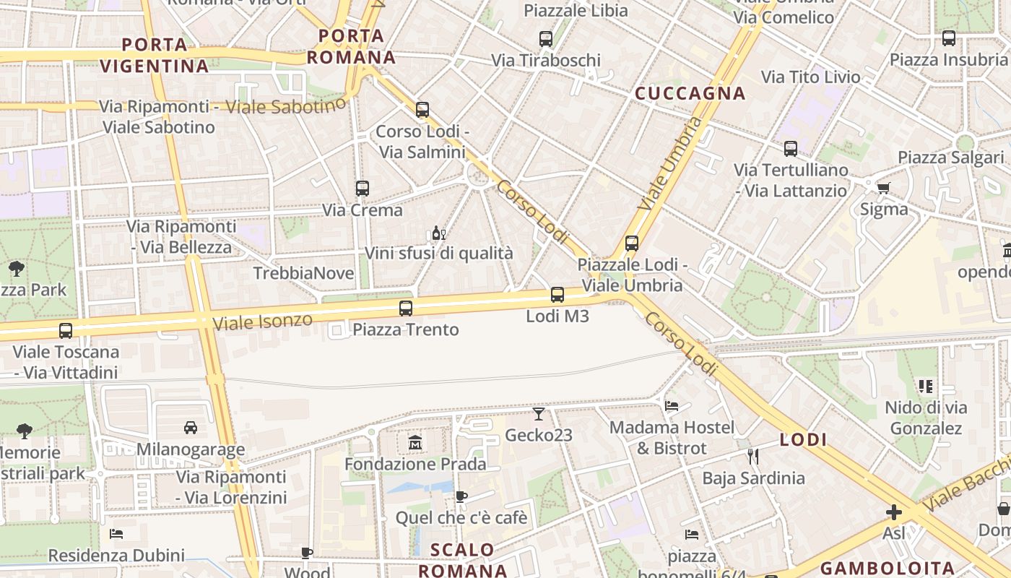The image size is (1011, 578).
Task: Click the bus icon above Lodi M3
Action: pos(557,295)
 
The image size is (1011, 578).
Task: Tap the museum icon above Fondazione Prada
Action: pos(415,442)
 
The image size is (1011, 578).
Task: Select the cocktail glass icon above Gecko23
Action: pos(539,414)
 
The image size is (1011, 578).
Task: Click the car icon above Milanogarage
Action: pos(191,428)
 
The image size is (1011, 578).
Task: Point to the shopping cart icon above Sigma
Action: pos(883,189)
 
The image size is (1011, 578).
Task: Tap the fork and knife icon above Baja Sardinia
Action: pos(753,457)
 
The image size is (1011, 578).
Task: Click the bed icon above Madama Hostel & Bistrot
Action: pos(672,406)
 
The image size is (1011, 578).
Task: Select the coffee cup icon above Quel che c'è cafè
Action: pos(461,496)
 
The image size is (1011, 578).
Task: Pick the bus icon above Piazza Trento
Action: pos(406,309)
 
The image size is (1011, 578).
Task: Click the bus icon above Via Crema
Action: pos(363,189)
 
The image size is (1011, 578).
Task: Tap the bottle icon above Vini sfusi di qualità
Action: pos(438,233)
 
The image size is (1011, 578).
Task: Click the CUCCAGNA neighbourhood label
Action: pos(690,93)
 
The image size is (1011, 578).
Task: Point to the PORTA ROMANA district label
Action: pos(352,46)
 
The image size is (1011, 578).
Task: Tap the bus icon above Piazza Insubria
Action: pos(948,38)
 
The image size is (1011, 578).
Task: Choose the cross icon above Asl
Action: pos(894,512)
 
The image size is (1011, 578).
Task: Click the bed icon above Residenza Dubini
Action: pos(116,534)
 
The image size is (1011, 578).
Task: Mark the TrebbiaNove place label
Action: pos(303,273)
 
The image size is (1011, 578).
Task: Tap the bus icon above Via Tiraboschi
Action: pos(546,39)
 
